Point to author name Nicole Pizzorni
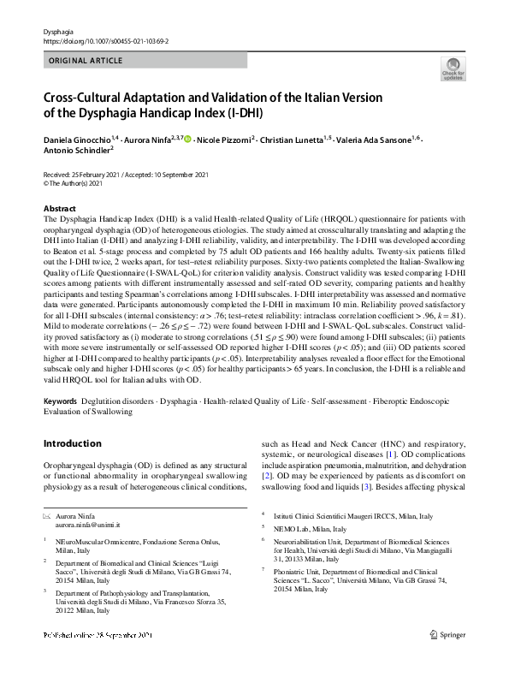coord(225,139)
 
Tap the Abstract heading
coord(59,209)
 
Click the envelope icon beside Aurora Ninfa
coord(48,518)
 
